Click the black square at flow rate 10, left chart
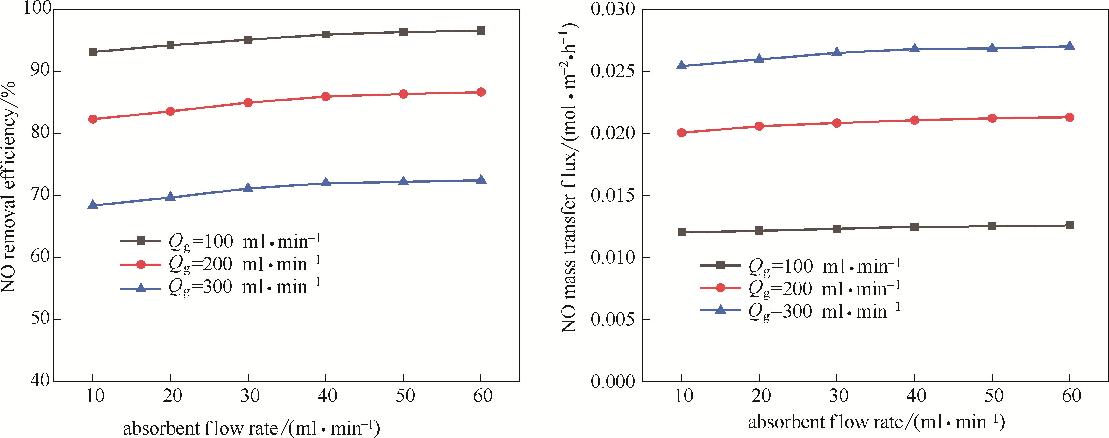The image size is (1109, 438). pyautogui.click(x=93, y=52)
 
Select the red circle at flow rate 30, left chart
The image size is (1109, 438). pyautogui.click(x=248, y=102)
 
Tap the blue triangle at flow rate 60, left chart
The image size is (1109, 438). pyautogui.click(x=481, y=180)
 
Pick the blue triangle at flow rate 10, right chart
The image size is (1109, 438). pyautogui.click(x=681, y=66)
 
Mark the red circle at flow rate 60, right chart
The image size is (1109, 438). pyautogui.click(x=1070, y=117)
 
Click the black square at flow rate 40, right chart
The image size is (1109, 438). pyautogui.click(x=914, y=227)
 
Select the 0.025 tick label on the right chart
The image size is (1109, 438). pyautogui.click(x=613, y=71)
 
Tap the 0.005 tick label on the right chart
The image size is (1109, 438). pyautogui.click(x=613, y=319)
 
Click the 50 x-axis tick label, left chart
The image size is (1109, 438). pyautogui.click(x=405, y=396)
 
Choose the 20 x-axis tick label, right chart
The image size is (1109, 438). pyautogui.click(x=761, y=396)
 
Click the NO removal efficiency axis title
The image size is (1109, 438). pyautogui.click(x=9, y=187)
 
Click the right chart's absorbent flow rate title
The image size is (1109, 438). pyautogui.click(x=876, y=422)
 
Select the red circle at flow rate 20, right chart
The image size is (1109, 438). pyautogui.click(x=759, y=126)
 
